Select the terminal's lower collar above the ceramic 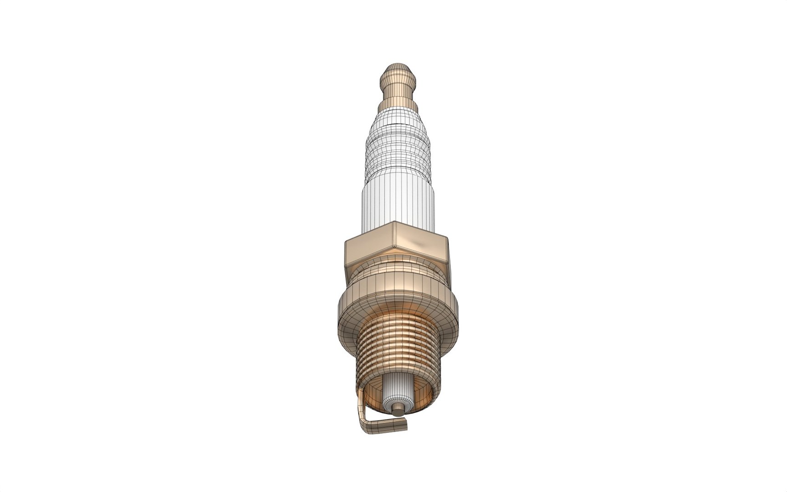point(399,105)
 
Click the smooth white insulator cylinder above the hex point(398,203)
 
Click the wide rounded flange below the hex point(398,307)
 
